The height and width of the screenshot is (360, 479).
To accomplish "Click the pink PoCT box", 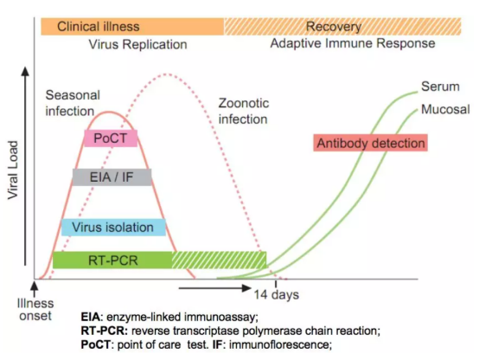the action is point(111,138).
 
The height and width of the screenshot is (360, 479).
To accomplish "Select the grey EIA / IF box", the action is point(112,177).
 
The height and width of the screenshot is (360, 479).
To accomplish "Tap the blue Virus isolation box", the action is point(113,228).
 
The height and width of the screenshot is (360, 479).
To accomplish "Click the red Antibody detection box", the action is point(371,143).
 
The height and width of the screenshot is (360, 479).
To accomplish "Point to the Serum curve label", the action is point(440,87).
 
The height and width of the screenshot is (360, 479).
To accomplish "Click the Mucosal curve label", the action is point(445,109).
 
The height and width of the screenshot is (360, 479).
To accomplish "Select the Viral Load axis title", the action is point(13,170).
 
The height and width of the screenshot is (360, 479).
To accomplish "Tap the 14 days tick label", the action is point(277,294).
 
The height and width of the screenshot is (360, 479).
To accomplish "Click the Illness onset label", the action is point(35,310).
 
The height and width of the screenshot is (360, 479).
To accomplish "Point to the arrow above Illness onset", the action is point(35,288).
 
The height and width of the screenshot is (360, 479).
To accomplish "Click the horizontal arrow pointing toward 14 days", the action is point(214,288).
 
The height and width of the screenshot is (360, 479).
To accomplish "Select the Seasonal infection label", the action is point(73,103).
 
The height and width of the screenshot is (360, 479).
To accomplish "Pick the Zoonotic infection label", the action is point(244,111).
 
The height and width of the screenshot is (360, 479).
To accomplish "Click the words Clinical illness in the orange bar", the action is point(99,27).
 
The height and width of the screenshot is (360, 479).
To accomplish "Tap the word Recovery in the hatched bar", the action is point(334,27).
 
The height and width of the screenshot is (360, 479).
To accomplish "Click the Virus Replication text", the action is point(137,44).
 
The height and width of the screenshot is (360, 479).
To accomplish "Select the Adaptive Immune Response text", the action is point(353,43).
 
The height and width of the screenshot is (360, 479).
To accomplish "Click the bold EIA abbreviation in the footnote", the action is point(91,317).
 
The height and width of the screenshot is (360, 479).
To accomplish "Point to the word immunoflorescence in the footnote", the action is point(279,344).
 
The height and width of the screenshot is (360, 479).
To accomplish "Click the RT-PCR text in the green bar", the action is point(113,260).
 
